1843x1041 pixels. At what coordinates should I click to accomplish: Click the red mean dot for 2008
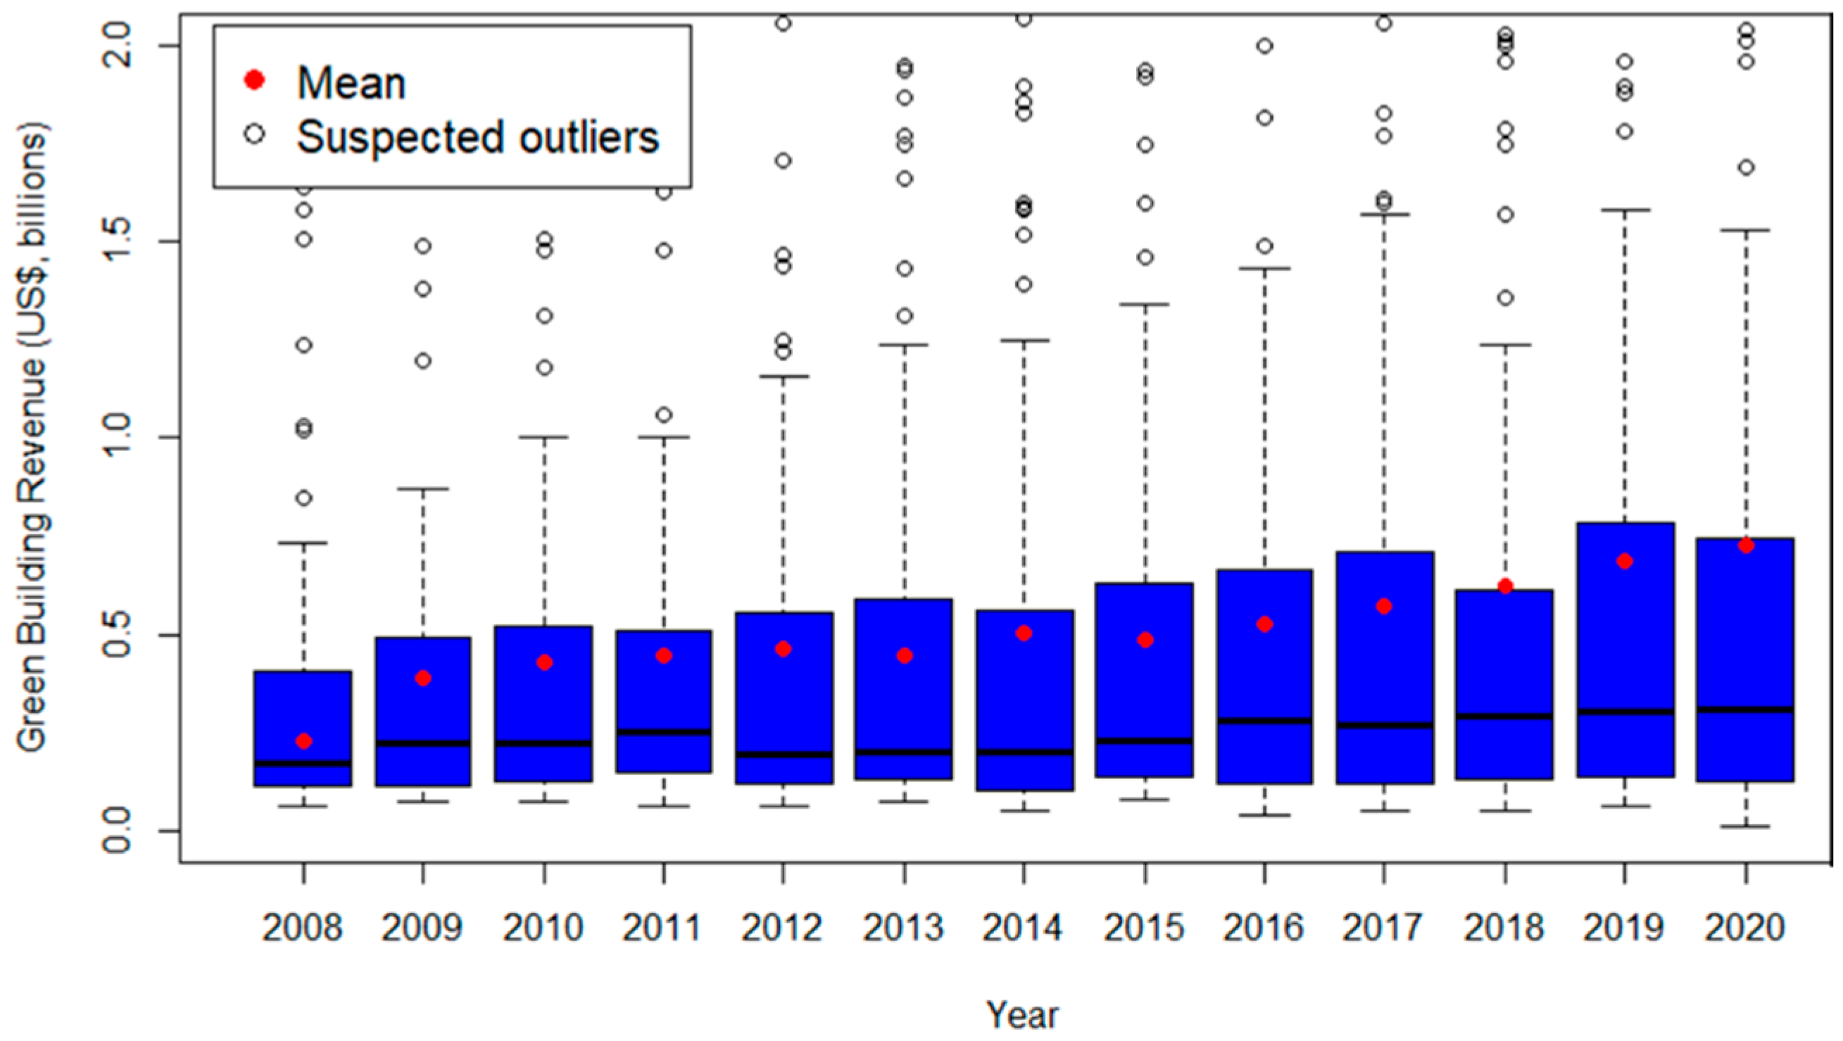pyautogui.click(x=303, y=740)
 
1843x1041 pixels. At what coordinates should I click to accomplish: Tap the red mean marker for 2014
pyautogui.click(x=1023, y=633)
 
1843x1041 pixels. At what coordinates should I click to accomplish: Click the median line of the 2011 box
pyautogui.click(x=663, y=731)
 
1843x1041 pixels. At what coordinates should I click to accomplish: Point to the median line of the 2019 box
pyautogui.click(x=1625, y=712)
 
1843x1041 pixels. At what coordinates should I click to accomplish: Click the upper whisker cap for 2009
pyautogui.click(x=423, y=489)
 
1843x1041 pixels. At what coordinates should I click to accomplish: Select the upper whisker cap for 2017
pyautogui.click(x=1384, y=214)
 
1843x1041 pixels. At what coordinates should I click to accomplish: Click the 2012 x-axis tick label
pyautogui.click(x=782, y=928)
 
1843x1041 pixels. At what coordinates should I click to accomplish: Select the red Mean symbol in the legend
pyautogui.click(x=255, y=80)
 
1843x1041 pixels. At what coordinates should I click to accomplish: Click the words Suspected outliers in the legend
pyautogui.click(x=477, y=137)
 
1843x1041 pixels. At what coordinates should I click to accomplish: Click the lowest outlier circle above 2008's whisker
pyautogui.click(x=303, y=498)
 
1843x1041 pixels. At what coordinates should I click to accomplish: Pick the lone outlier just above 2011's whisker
pyautogui.click(x=663, y=415)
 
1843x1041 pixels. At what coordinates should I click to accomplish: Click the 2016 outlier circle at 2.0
pyautogui.click(x=1264, y=46)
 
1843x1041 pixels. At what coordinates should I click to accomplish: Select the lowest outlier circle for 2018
pyautogui.click(x=1505, y=298)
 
